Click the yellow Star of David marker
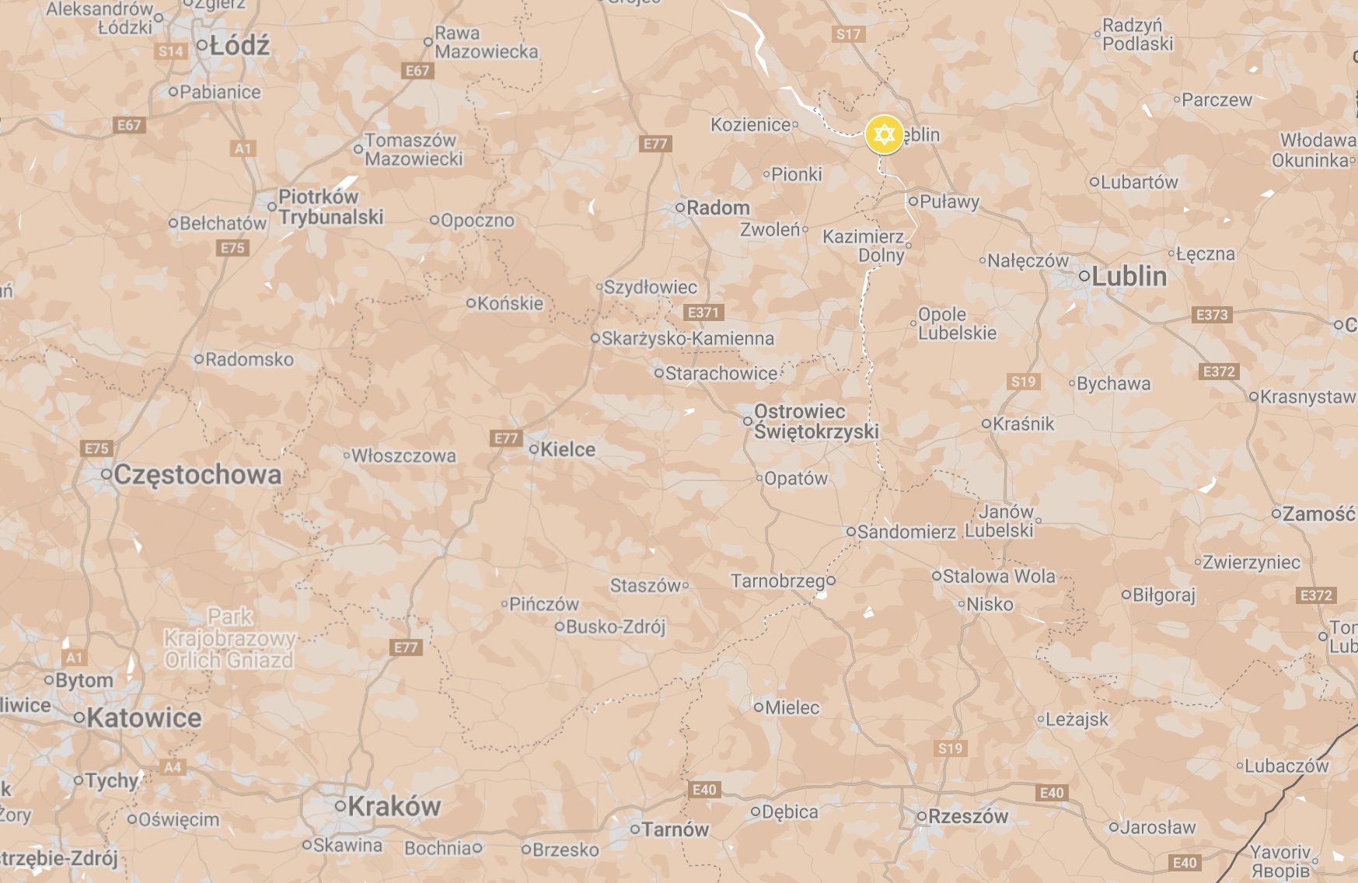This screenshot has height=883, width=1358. [x=884, y=134]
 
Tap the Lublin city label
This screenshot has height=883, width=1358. [x=1129, y=276]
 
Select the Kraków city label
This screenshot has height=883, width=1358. [x=393, y=806]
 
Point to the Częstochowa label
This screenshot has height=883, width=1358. [x=197, y=474]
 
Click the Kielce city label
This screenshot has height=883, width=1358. [x=567, y=449]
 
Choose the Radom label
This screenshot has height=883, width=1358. [x=717, y=208]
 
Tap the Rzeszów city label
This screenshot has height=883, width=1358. [x=967, y=816]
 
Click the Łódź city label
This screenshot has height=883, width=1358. [x=239, y=46]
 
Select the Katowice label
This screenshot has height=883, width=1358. [x=143, y=717]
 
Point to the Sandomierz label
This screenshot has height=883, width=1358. [x=906, y=532]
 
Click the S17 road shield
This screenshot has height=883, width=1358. [x=848, y=34]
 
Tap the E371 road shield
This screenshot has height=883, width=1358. [x=703, y=312]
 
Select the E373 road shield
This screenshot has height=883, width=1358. [x=1211, y=315]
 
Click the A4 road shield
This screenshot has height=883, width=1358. [x=173, y=767]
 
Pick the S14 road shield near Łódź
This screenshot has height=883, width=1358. [x=171, y=52]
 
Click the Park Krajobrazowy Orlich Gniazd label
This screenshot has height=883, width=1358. [x=229, y=639]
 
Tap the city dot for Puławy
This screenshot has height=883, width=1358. [x=913, y=201]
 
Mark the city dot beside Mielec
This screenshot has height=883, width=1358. [x=758, y=707]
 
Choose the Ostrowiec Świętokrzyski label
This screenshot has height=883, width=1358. [x=815, y=421]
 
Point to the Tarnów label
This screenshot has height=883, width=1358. [x=675, y=830]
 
